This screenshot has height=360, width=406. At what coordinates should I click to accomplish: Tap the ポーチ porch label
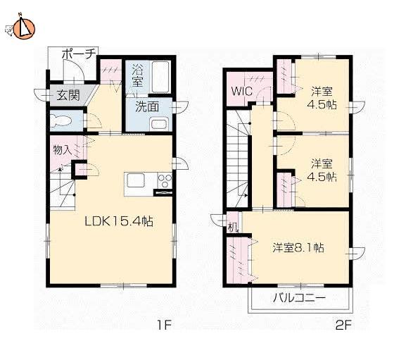pos(79,54)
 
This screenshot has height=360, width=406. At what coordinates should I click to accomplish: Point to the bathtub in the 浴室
pos(160,77)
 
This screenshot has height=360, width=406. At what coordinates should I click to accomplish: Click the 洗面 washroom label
pos(147,106)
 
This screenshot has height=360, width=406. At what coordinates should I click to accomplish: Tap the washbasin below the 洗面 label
pos(159,124)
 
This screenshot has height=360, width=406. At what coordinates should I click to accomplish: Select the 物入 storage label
pos(62,150)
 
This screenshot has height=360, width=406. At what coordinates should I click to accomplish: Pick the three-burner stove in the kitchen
pos(165,180)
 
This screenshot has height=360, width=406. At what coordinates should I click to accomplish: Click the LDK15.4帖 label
pos(119,221)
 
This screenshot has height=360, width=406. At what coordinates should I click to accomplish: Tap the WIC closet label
pos(241,91)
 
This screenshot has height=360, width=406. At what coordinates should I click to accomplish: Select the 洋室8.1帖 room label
pos(298,247)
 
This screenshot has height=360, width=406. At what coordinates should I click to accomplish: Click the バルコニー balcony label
pos(299,298)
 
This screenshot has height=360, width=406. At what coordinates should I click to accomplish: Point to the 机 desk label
pos(232,228)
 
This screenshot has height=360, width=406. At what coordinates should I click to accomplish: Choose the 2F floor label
pos(343,325)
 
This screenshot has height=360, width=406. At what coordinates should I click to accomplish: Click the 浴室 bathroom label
pos(137,75)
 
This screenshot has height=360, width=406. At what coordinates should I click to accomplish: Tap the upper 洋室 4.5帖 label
pos(322,98)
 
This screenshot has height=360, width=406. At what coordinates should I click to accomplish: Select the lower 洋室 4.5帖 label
pos(322,170)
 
